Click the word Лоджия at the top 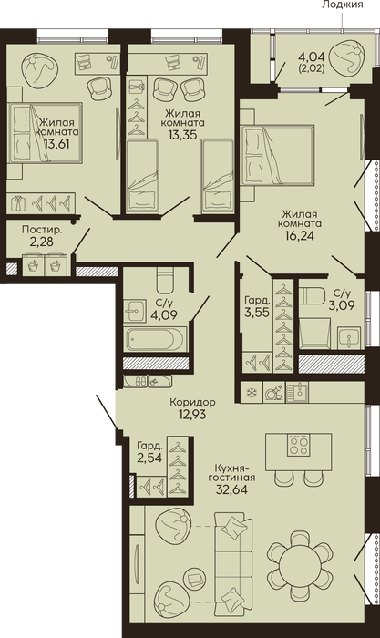click(x=342, y=5)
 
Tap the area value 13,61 click(x=58, y=144)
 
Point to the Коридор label click(x=193, y=402)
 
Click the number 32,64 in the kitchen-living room click(x=231, y=489)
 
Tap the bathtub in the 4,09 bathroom click(x=155, y=338)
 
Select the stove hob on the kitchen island click(x=298, y=445)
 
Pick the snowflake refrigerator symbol click(x=252, y=393)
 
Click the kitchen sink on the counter click(x=297, y=392)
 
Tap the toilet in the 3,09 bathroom click(x=312, y=295)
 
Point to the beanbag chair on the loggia click(x=345, y=57)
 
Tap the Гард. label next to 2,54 click(x=149, y=446)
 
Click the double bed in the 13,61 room click(x=45, y=133)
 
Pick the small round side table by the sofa click(x=197, y=578)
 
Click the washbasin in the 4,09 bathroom click(x=135, y=312)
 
